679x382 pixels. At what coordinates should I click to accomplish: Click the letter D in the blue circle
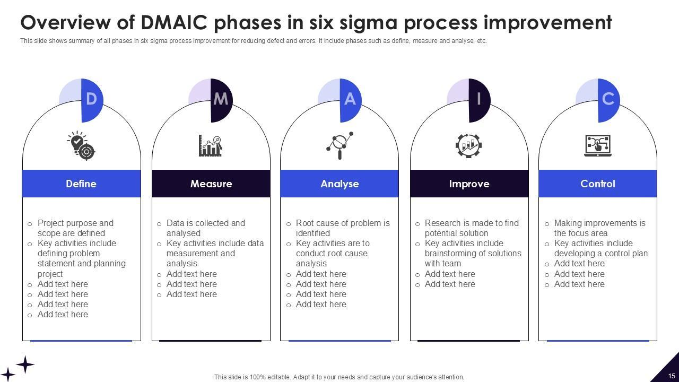tap(91, 99)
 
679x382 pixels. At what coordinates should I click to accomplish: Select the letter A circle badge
tap(349, 99)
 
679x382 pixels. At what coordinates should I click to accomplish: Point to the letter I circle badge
tap(478, 99)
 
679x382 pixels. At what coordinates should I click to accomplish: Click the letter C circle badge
tap(607, 99)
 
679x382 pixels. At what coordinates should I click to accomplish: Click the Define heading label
tap(81, 184)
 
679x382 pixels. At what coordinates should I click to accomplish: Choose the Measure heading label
tap(211, 184)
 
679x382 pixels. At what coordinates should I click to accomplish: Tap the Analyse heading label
tap(339, 184)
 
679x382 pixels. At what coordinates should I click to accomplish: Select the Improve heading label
tap(469, 184)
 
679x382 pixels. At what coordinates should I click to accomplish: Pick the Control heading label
tap(598, 184)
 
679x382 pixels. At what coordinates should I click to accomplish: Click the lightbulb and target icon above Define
tap(81, 145)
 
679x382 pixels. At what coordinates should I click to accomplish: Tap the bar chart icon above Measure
tap(211, 145)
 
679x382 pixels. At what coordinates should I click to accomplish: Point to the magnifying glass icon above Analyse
tap(339, 145)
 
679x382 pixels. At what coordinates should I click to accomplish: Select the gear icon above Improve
tap(468, 145)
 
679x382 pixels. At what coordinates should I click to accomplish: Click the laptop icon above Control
tap(598, 145)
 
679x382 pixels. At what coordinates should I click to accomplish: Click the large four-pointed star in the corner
tap(25, 364)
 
